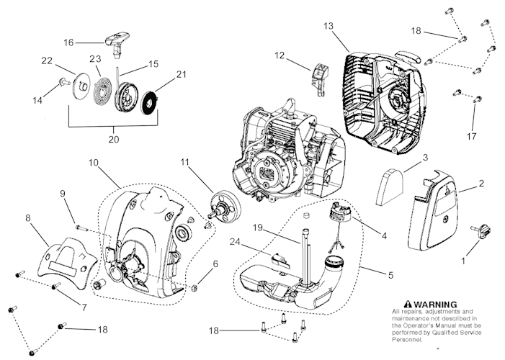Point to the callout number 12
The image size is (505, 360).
pos(279,55)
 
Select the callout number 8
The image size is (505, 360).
pos(28,215)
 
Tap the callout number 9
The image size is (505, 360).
pos(63,194)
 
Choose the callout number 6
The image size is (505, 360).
pos(215,266)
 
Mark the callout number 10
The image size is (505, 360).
pos(94,163)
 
